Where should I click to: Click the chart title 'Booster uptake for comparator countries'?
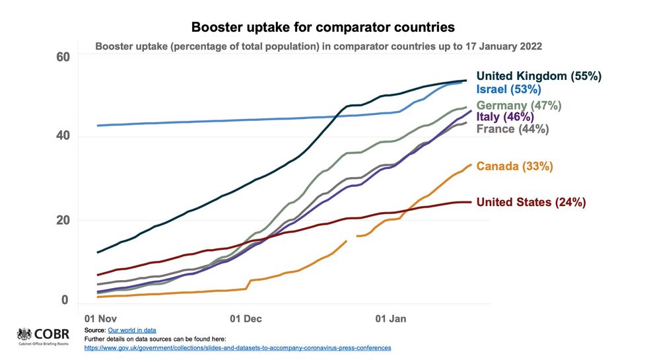[323, 28]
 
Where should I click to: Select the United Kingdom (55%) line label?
[539, 76]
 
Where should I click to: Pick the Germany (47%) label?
[519, 105]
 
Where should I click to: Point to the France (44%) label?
[512, 129]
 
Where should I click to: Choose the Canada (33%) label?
[514, 166]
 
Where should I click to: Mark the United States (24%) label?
[531, 202]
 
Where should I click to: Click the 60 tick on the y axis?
[62, 57]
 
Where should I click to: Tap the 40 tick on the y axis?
[62, 137]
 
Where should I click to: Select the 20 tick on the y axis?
[62, 220]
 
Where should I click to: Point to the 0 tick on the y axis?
[65, 301]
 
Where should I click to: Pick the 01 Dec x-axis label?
[246, 318]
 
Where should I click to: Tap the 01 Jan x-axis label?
[391, 318]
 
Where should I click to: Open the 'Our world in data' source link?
[132, 330]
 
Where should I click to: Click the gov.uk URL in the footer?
[238, 347]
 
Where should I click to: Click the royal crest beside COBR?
[24, 334]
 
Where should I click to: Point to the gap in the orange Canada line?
[351, 238]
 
